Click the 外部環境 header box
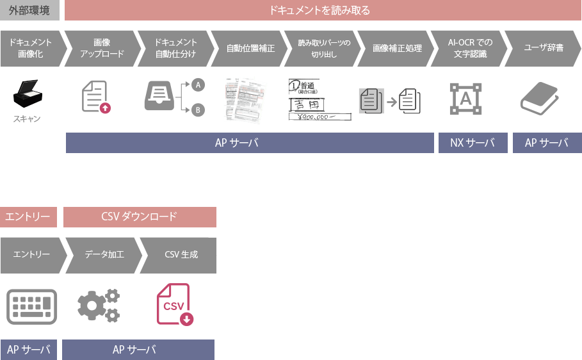coord(29,10)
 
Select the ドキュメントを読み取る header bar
coord(321,10)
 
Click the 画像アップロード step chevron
coord(101,48)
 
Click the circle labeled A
coord(198,85)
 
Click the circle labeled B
coord(198,111)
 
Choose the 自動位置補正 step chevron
coord(247,48)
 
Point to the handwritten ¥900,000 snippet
coord(319,117)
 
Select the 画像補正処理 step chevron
coord(392,48)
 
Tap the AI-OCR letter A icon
coord(465,98)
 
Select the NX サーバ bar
coord(473,143)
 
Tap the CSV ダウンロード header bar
coord(140,217)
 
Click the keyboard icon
coord(32,306)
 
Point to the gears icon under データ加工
coord(99,306)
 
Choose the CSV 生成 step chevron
coord(179,254)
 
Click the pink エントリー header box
coord(28,217)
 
